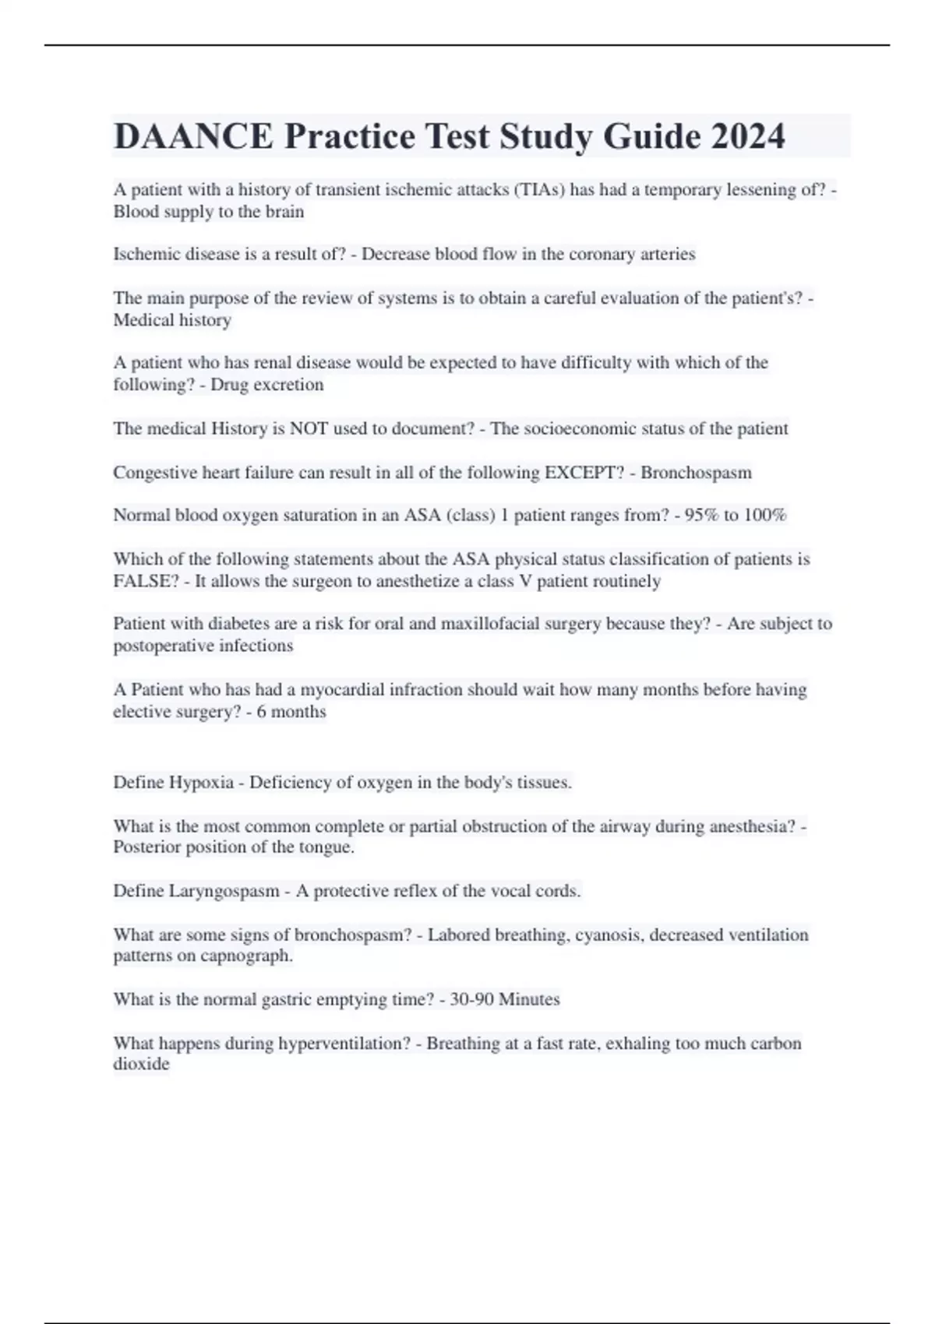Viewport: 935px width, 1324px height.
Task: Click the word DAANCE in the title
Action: point(193,136)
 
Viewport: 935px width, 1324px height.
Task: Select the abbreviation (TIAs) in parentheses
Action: point(539,190)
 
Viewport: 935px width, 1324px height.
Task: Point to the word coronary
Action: point(602,254)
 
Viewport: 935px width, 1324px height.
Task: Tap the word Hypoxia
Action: point(202,783)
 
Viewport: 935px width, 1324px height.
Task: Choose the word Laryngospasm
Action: point(224,891)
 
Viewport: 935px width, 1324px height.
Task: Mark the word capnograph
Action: point(245,956)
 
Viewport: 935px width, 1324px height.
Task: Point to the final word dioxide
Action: point(141,1064)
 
